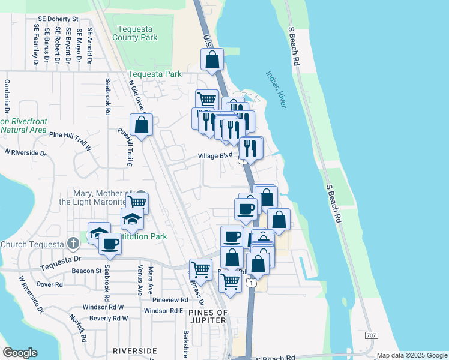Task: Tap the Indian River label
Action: point(277,89)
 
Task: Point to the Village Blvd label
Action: point(215,155)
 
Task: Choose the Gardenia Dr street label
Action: point(7,97)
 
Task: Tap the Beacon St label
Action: point(86,271)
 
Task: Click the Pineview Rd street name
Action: point(170,299)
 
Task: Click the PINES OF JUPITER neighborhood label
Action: point(208,316)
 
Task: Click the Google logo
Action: point(20,353)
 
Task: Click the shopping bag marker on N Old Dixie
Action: point(141,125)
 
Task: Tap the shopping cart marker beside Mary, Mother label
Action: point(137,203)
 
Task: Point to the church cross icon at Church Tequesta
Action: point(73,244)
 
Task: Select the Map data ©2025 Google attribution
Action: point(412,355)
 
